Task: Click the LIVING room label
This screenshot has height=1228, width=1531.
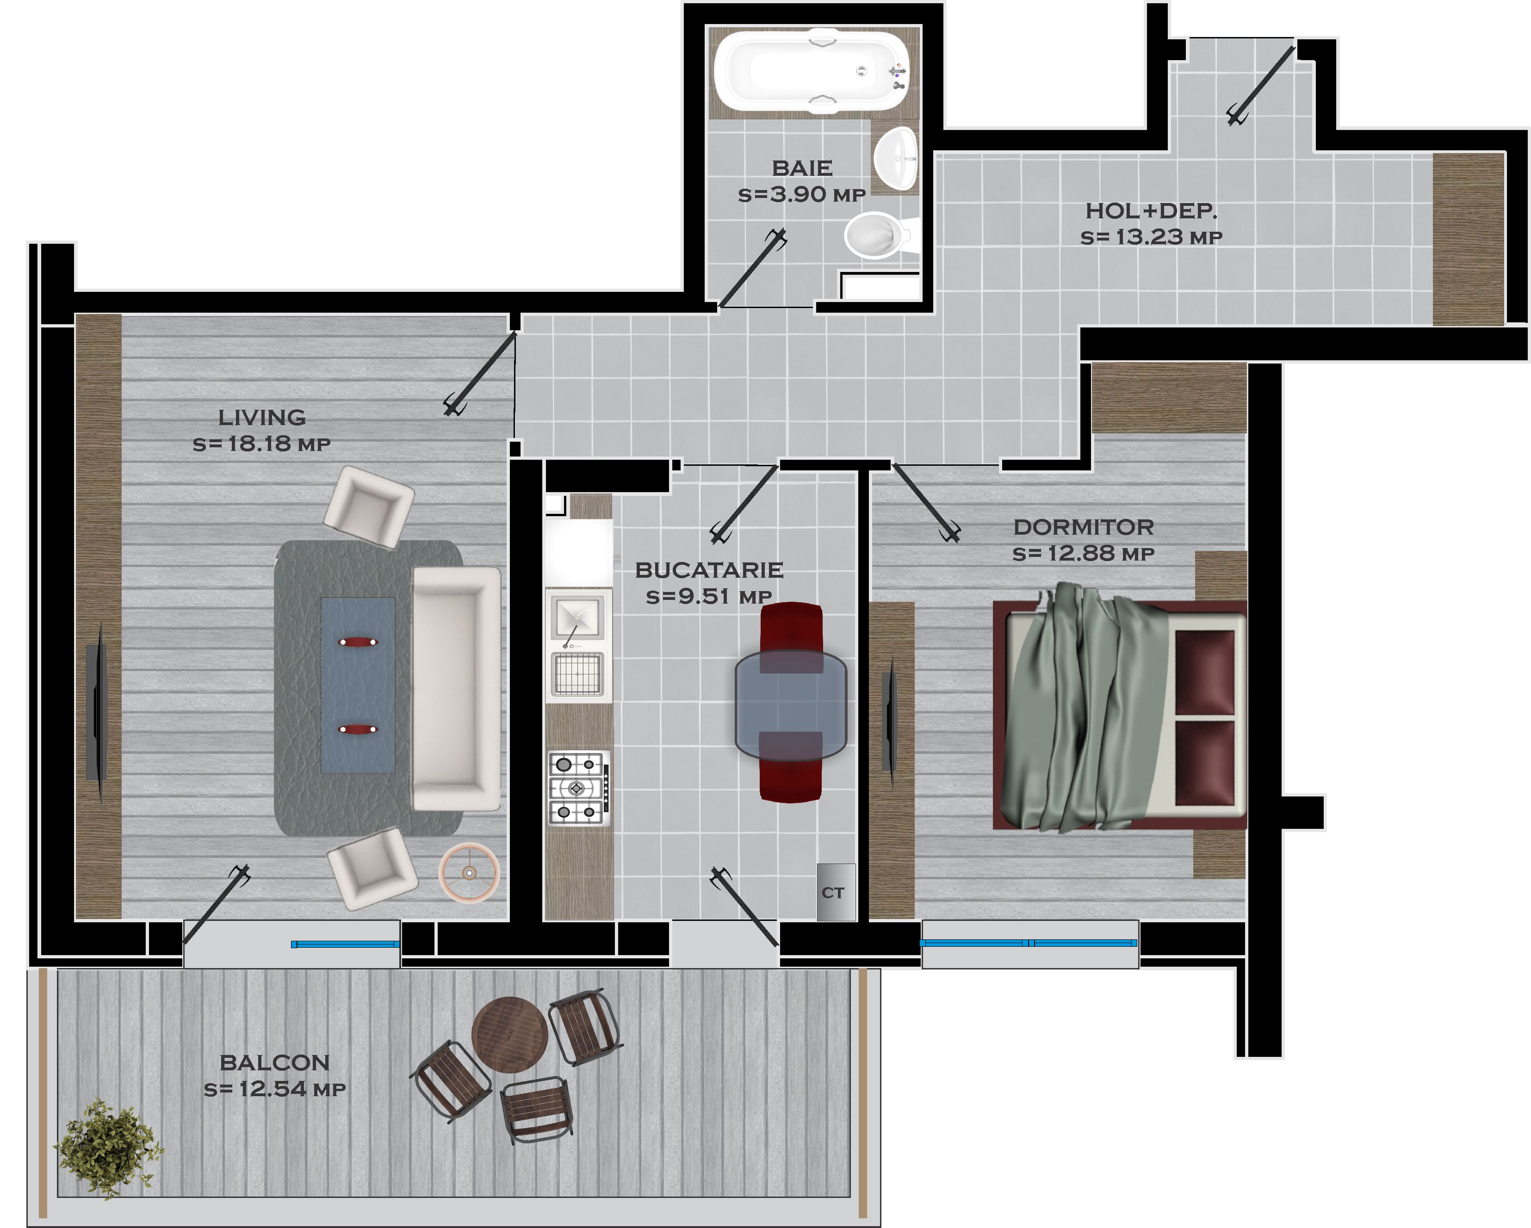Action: pos(262,417)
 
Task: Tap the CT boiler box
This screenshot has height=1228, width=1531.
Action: pos(836,892)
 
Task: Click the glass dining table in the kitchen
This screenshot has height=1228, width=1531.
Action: pos(790,705)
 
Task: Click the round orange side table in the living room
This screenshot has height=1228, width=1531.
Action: pos(469,872)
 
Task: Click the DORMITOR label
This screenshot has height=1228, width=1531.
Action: pos(1084,527)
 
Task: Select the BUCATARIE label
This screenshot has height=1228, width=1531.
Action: pos(709,570)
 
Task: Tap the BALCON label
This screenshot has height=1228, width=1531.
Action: pos(275,1062)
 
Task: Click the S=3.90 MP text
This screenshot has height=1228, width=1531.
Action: pos(802,195)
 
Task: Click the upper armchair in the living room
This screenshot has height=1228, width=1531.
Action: pos(369,507)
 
